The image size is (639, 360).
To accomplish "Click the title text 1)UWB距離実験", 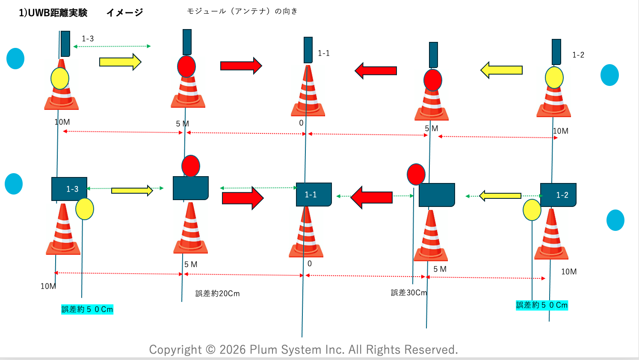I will [53, 13].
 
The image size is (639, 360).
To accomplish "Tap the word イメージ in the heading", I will [124, 13].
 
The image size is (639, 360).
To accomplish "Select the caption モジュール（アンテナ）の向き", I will [242, 11].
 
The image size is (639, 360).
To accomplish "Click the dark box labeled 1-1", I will [314, 195].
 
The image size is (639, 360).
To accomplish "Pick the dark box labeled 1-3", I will [69, 189].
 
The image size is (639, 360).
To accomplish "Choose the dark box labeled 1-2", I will [558, 195].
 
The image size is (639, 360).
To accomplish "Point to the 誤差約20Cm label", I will [217, 294].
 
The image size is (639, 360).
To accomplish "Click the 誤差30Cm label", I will [408, 293].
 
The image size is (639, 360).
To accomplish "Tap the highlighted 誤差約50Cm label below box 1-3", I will [87, 309].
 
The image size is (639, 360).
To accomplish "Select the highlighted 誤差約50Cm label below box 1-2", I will [541, 305].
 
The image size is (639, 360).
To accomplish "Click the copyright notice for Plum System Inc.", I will [303, 350].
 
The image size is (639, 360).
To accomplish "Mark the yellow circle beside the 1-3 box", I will [85, 209].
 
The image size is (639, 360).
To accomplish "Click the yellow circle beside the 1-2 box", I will [532, 210].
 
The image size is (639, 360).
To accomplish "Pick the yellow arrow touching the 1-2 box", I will [500, 196].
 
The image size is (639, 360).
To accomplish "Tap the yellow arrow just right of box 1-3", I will [132, 191].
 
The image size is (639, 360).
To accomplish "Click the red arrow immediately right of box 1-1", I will [371, 197].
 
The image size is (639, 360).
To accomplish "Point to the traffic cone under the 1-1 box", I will [306, 233].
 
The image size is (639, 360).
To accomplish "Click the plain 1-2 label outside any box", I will [578, 55].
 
